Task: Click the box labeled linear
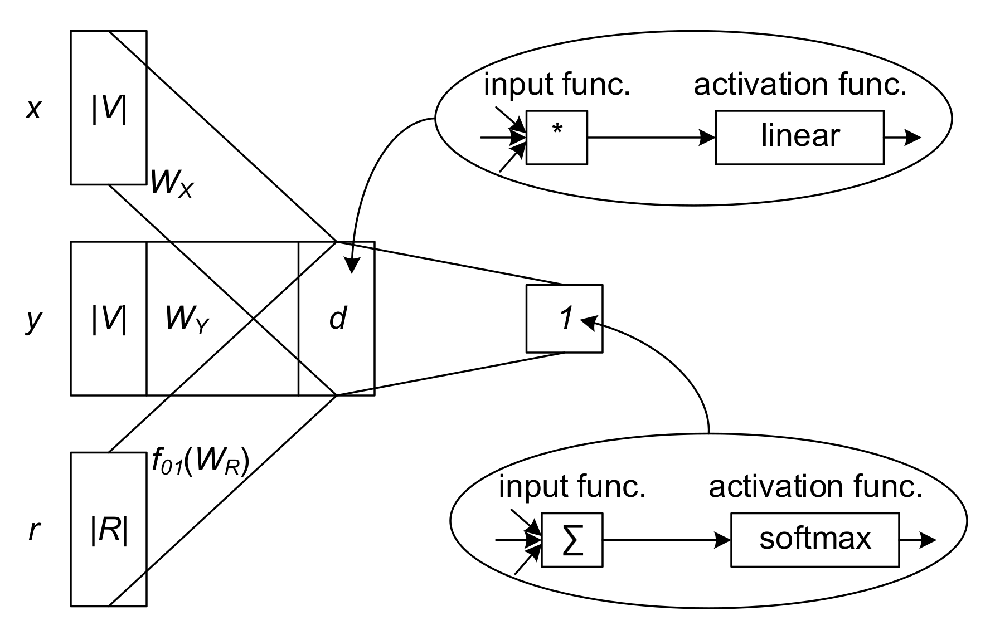(x=799, y=137)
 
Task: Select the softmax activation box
(x=814, y=539)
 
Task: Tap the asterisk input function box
(x=556, y=137)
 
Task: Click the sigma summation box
(x=572, y=539)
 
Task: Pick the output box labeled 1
(x=564, y=319)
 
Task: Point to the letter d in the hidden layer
(x=338, y=318)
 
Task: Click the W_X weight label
(x=172, y=183)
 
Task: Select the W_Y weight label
(x=187, y=320)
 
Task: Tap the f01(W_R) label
(x=200, y=462)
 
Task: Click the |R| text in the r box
(x=109, y=532)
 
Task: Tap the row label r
(x=34, y=531)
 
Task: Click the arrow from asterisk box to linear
(x=652, y=137)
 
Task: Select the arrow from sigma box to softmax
(x=667, y=539)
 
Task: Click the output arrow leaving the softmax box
(x=918, y=539)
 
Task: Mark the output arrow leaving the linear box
(x=902, y=137)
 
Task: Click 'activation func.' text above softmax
(x=815, y=487)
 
